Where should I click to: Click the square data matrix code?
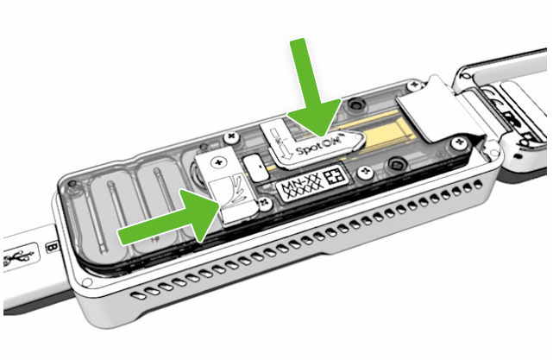(335, 176)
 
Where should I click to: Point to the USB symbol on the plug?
(18, 257)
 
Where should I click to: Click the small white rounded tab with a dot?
(255, 168)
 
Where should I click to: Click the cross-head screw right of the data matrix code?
(364, 172)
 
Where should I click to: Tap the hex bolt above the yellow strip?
(355, 104)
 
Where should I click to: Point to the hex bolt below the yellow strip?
(395, 164)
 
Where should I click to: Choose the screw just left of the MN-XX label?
(265, 202)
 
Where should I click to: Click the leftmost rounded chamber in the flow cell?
(109, 211)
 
